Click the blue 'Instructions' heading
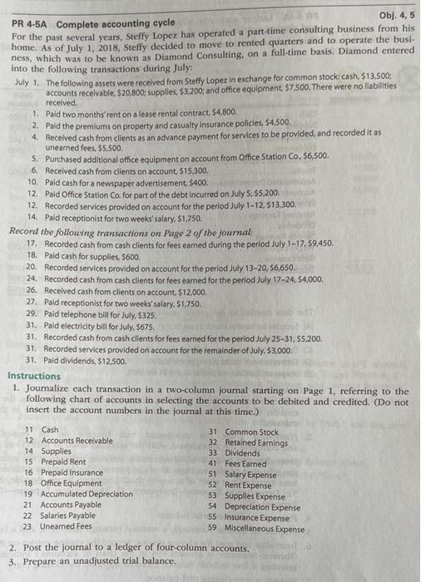coord(34,376)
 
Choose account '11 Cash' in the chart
coord(41,429)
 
